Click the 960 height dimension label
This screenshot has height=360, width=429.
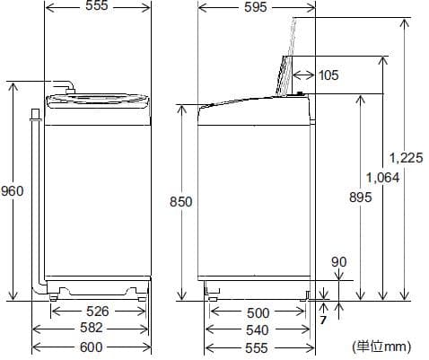coord(12,191)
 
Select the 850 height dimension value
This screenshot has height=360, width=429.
coord(181,203)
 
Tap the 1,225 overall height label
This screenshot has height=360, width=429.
coord(407,157)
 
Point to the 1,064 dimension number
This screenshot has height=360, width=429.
coord(382,177)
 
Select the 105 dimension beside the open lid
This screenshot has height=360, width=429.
coord(328,75)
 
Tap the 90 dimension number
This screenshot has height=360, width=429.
coord(338,261)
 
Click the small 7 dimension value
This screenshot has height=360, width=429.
coord(322,320)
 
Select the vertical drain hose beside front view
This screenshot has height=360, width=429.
coord(36,198)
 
